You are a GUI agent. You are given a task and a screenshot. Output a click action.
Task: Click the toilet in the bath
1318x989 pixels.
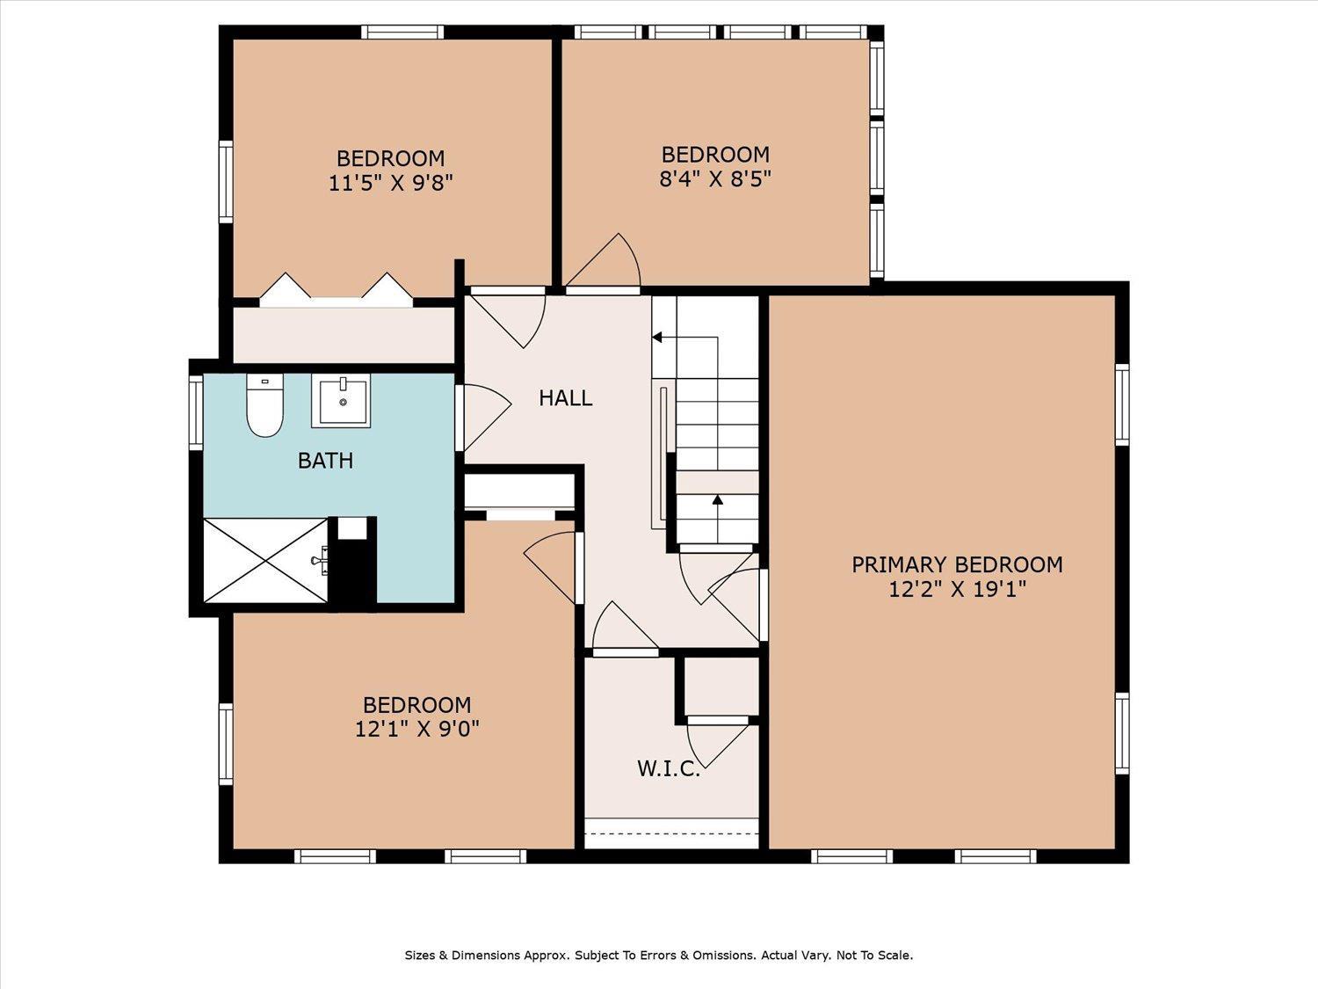(264, 405)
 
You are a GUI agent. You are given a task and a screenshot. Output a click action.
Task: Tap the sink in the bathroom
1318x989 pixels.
(340, 401)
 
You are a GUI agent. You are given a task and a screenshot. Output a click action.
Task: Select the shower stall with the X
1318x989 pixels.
(266, 560)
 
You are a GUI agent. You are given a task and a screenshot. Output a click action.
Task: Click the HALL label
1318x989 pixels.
(566, 398)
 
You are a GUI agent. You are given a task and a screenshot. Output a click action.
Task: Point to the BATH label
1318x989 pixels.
(325, 461)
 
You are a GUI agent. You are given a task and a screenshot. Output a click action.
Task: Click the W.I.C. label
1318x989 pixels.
(669, 768)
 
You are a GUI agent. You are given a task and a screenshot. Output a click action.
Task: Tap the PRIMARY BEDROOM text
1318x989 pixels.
(957, 564)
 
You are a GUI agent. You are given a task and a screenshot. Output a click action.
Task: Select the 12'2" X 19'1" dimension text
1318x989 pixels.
(957, 589)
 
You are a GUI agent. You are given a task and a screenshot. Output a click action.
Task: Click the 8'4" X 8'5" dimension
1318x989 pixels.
(715, 178)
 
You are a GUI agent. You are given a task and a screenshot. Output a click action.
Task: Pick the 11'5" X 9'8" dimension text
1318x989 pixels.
(390, 182)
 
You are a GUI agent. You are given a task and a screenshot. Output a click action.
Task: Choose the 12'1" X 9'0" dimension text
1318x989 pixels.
(417, 729)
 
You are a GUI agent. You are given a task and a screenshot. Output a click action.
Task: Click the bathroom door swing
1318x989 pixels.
(484, 418)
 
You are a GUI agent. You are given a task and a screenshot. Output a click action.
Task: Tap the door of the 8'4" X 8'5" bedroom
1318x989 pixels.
(603, 262)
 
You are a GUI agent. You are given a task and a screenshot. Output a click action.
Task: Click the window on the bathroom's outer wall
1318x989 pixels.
(196, 412)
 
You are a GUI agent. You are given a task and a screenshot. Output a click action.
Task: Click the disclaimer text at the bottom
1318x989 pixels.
(659, 955)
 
